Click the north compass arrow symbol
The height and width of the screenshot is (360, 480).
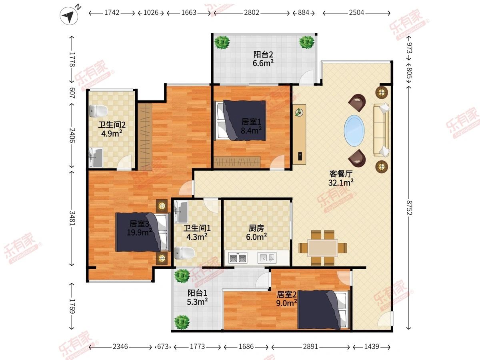click(69, 16)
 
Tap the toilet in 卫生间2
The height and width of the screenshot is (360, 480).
click(98, 111)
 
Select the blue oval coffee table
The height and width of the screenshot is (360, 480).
click(354, 131)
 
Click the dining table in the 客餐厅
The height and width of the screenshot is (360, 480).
click(323, 248)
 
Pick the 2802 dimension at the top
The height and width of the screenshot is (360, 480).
click(252, 13)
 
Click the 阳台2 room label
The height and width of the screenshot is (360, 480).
click(263, 54)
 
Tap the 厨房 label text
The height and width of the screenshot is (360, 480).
click(256, 228)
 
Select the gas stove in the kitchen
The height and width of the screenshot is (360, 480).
click(238, 258)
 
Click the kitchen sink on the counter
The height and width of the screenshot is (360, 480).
click(267, 258)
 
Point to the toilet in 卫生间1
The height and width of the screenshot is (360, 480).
click(185, 253)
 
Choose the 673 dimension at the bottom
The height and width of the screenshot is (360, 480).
click(163, 346)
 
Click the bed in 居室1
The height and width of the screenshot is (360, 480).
click(240, 120)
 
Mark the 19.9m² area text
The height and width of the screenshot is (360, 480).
click(140, 232)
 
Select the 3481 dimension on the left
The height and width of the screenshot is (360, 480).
click(72, 218)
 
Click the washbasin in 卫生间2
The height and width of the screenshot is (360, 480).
click(96, 157)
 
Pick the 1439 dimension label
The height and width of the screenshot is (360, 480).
click(372, 346)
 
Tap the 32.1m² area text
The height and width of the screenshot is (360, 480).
click(341, 182)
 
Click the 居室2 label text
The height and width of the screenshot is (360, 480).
click(286, 295)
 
